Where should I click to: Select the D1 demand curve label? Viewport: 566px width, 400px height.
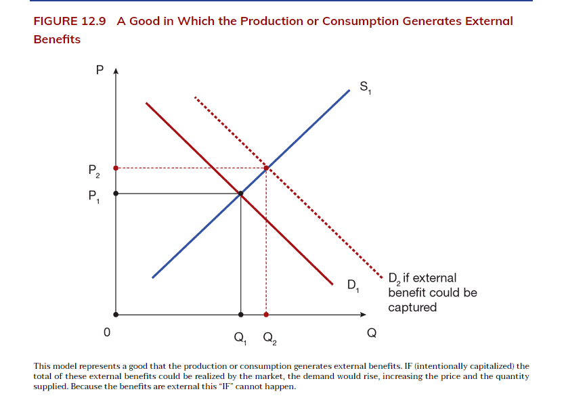click(x=353, y=284)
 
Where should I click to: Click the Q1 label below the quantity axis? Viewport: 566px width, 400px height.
click(x=241, y=336)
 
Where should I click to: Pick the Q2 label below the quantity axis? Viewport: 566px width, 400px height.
click(x=269, y=336)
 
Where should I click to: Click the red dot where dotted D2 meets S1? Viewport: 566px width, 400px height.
click(x=266, y=167)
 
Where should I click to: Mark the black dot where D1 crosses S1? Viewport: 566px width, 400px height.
click(x=241, y=194)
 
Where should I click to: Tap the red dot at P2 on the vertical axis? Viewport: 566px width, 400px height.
click(x=116, y=167)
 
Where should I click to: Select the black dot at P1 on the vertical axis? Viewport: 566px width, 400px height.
click(x=116, y=194)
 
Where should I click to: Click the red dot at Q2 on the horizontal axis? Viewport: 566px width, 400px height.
click(x=266, y=314)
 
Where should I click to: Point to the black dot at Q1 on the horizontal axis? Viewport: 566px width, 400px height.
click(x=241, y=314)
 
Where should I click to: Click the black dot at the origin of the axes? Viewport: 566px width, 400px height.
click(x=116, y=314)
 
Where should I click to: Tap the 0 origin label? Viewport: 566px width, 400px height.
click(x=106, y=333)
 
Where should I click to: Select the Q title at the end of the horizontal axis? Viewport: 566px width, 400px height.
click(x=371, y=333)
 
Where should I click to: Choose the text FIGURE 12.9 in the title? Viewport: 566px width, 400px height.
click(x=70, y=21)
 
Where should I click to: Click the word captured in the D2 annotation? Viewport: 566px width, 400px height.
click(x=412, y=307)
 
